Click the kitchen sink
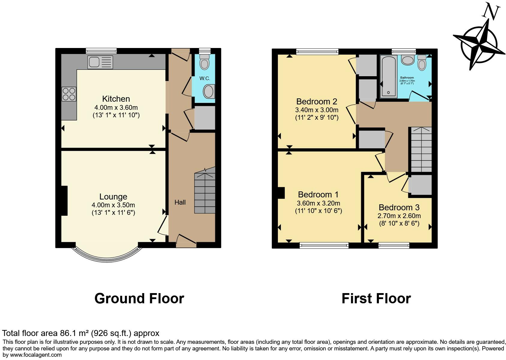[x=100, y=62]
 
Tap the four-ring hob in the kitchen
[x=69, y=94]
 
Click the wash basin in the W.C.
[x=209, y=91]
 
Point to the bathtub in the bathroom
[x=388, y=77]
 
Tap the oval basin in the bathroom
[x=408, y=60]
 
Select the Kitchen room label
[x=116, y=99]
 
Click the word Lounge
[x=113, y=197]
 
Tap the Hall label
[x=180, y=202]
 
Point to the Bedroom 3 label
[x=399, y=207]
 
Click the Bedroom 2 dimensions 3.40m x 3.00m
[x=317, y=110]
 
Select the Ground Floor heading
[x=139, y=298]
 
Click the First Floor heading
[x=376, y=298]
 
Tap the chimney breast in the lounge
[x=64, y=201]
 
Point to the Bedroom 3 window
[x=394, y=245]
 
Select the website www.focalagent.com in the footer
[x=36, y=355]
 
